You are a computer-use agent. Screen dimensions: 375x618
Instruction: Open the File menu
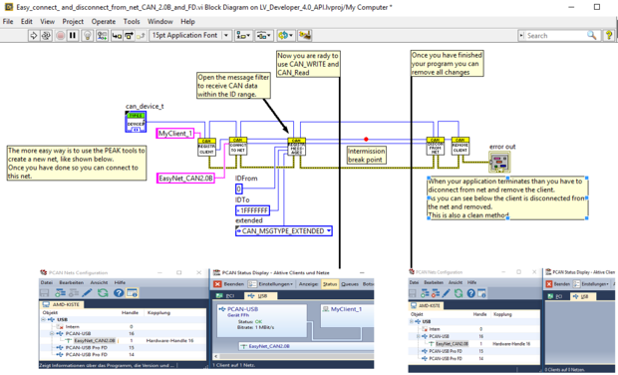(x=8, y=21)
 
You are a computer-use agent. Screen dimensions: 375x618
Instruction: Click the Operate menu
(x=103, y=21)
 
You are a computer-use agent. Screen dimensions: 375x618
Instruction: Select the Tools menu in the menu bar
(x=132, y=21)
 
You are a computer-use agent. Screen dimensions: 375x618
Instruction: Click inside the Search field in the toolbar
(x=554, y=36)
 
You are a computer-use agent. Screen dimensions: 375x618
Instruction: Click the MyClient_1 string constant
(x=175, y=133)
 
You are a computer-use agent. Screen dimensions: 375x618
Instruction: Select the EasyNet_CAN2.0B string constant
(x=186, y=179)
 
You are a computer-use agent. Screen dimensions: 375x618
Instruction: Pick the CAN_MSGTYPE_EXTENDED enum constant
(x=283, y=231)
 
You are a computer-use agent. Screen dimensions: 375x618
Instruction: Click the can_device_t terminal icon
(x=135, y=122)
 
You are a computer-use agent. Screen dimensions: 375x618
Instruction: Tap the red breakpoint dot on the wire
(x=366, y=140)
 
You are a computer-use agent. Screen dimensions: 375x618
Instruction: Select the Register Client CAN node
(x=206, y=147)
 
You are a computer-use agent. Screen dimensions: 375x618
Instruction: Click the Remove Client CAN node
(x=461, y=147)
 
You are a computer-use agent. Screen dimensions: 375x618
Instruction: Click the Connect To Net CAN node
(x=237, y=147)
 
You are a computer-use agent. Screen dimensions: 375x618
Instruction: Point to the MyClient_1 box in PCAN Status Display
(x=348, y=309)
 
